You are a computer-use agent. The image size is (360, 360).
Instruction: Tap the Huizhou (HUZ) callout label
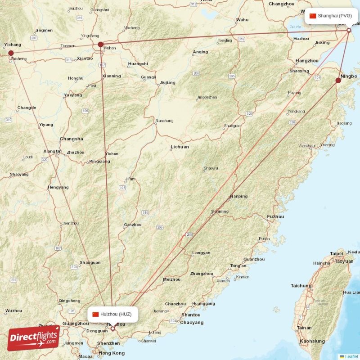112,314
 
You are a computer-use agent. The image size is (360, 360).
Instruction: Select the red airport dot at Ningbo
338,81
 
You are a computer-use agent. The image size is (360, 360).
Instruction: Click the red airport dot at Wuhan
101,45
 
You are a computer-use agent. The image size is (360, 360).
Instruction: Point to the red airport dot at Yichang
11,53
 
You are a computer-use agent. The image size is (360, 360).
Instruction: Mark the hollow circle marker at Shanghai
349,30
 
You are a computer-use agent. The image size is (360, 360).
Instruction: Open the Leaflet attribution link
351,356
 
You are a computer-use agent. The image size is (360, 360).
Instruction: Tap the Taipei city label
337,254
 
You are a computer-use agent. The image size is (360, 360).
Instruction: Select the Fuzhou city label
275,216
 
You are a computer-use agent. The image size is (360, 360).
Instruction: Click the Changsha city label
71,139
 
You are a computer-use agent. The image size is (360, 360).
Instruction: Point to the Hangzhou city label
307,60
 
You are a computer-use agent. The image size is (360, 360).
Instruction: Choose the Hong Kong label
112,353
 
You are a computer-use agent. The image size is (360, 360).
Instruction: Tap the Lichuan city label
180,147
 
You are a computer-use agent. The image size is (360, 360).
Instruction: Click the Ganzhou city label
133,225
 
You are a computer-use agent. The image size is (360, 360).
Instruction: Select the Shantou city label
190,315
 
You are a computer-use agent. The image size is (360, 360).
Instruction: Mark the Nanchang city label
164,121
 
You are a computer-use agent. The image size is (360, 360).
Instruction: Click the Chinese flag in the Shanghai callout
313,16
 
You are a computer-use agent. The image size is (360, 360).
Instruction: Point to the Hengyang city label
58,187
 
